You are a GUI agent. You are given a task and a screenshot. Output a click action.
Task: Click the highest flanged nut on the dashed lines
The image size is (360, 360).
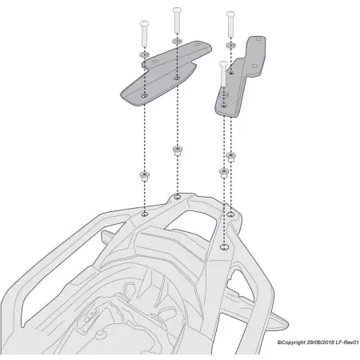click(176, 150)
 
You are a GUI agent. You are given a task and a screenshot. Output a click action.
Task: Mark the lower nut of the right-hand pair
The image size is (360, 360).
click(223, 173)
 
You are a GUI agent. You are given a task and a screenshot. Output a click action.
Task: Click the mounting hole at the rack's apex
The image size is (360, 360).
click(177, 196)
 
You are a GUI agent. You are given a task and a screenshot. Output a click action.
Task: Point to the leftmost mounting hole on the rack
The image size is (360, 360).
click(144, 214)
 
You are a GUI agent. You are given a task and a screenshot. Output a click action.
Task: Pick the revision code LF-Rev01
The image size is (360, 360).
click(347, 342)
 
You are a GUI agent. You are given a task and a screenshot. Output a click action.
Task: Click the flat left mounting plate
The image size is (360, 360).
click(160, 80)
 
